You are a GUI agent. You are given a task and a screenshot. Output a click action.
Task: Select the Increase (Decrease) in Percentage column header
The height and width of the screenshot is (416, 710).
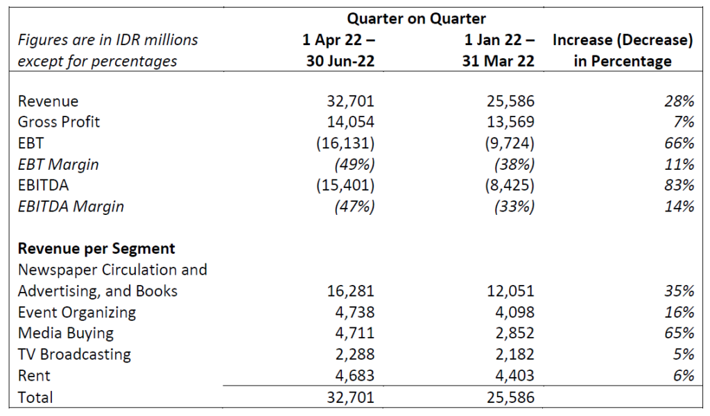click(x=622, y=51)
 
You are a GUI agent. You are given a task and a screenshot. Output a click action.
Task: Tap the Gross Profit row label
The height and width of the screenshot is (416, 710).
click(x=59, y=122)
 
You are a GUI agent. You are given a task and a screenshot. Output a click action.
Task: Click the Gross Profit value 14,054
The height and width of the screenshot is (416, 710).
click(x=349, y=122)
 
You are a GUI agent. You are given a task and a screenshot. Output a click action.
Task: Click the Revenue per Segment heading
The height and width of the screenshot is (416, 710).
click(x=96, y=248)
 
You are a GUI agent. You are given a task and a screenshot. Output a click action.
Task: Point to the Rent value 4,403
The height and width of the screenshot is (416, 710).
click(x=513, y=375)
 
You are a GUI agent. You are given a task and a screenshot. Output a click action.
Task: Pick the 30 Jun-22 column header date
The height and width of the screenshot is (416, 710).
click(x=340, y=61)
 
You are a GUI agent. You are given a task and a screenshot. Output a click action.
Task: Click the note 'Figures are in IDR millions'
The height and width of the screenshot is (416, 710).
click(x=107, y=40)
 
